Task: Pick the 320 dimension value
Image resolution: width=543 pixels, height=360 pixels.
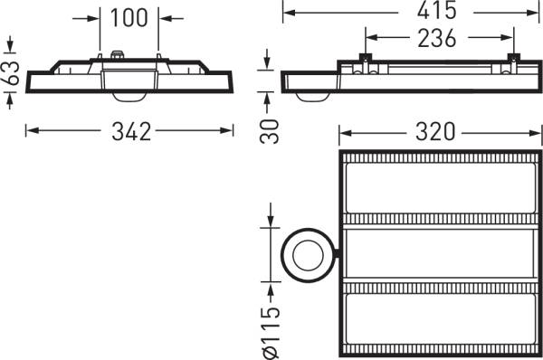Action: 437,132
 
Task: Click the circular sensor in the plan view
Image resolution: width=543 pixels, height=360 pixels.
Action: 307,256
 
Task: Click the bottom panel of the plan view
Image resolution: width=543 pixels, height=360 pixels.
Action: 438,318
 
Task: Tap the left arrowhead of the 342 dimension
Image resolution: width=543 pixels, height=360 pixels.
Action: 30,131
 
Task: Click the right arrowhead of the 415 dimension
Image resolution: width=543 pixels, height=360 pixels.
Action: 535,12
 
